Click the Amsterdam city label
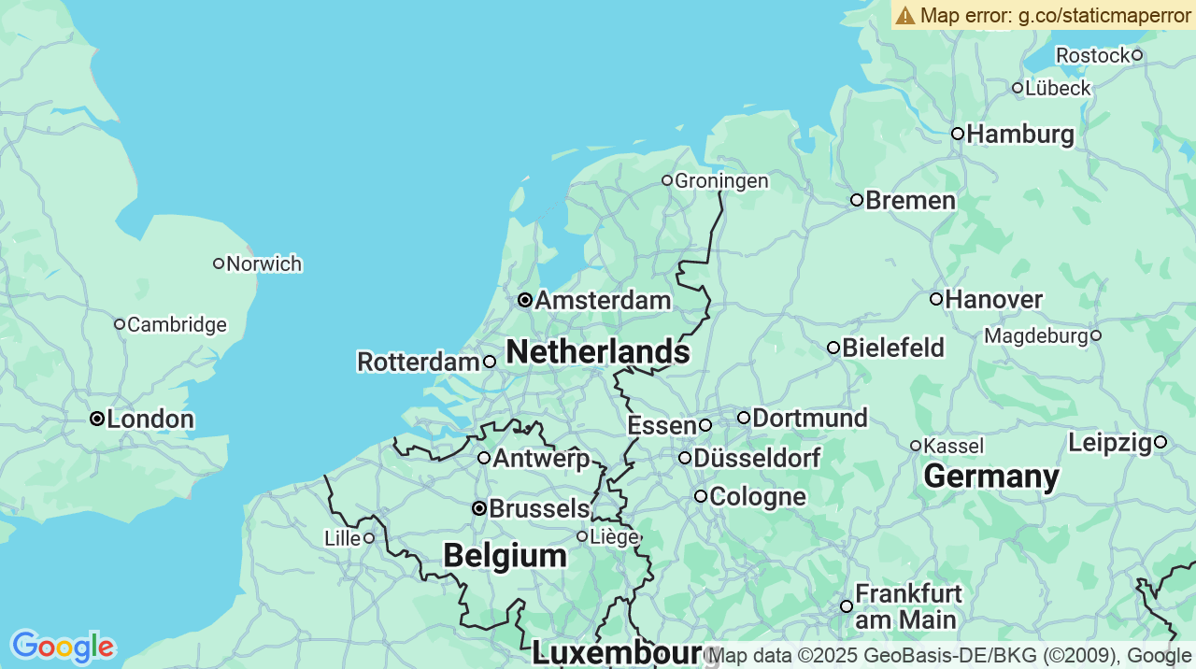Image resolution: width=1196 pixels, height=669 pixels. [603, 301]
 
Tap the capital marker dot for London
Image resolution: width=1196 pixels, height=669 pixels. [97, 419]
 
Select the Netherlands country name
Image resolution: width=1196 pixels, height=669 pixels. [598, 352]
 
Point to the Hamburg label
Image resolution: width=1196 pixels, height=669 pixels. [1020, 135]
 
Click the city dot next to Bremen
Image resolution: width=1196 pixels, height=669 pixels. [856, 200]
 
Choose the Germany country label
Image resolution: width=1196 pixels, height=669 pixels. [991, 477]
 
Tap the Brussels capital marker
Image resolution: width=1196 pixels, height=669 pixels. [479, 508]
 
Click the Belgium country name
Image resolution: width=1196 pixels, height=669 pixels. [505, 556]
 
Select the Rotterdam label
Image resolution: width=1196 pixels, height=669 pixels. [419, 362]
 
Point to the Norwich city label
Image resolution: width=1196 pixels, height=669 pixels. [264, 264]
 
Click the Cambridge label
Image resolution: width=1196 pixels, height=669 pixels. [177, 325]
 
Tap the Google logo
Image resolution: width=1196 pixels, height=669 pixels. [63, 646]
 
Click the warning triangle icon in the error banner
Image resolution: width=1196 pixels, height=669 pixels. [905, 15]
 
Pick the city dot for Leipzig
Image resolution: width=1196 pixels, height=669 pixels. [1160, 442]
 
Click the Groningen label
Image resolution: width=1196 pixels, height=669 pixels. [721, 181]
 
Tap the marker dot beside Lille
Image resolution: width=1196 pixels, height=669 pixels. [369, 537]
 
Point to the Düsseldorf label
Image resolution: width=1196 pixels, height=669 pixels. [757, 459]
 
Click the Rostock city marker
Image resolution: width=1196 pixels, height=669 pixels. [1137, 55]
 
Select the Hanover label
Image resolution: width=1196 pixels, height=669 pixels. [993, 300]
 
